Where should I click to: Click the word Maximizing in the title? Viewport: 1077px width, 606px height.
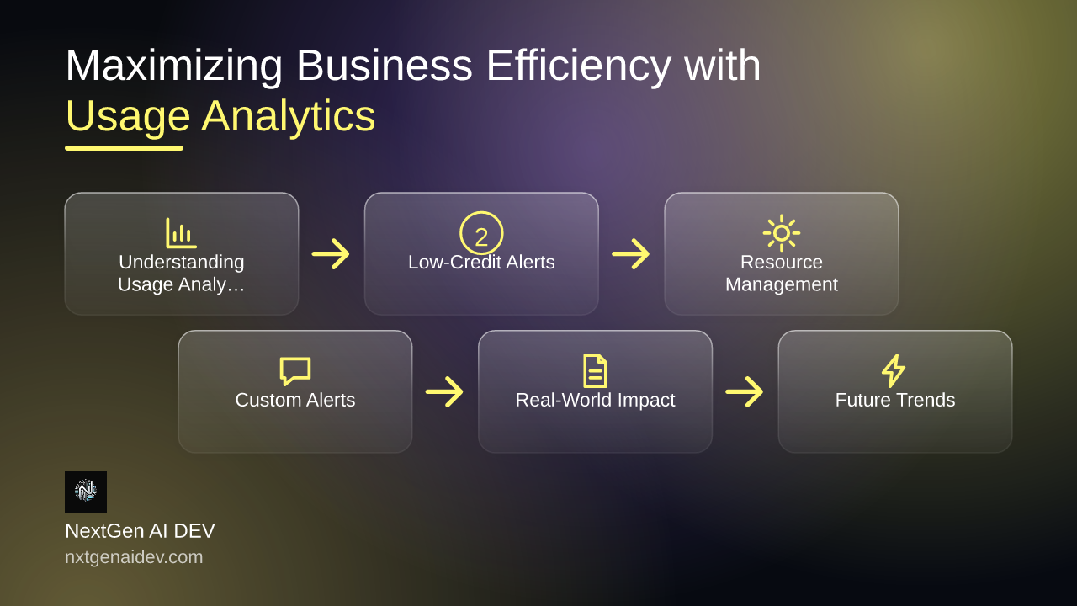[174, 66]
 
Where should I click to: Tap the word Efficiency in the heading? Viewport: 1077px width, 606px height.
[578, 66]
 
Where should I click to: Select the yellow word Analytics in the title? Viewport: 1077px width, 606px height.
[288, 116]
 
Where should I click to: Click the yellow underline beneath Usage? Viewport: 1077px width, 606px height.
[124, 148]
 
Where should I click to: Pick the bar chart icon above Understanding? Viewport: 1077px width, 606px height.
[181, 233]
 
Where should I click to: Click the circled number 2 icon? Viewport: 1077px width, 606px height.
[481, 233]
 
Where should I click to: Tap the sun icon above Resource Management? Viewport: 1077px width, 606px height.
[782, 233]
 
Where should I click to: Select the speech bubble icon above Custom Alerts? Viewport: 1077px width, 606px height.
[295, 371]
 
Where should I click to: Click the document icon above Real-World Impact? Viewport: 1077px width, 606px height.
[595, 371]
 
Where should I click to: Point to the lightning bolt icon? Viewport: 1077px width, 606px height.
[894, 371]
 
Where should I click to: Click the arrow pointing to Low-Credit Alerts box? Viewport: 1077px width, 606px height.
[331, 253]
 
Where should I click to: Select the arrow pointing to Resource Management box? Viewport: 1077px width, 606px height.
[631, 253]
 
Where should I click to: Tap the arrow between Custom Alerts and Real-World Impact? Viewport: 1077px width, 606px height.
[444, 391]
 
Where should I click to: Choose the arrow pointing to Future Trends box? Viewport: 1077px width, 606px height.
[745, 391]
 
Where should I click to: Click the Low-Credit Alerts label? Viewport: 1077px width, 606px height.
[481, 263]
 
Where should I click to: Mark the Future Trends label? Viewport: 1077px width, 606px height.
[895, 400]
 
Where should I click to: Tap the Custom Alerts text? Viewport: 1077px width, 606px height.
[295, 400]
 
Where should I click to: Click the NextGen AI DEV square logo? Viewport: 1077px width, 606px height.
[86, 492]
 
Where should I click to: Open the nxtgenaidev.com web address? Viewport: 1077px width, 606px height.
[134, 557]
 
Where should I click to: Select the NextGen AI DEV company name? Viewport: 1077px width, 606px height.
[140, 531]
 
